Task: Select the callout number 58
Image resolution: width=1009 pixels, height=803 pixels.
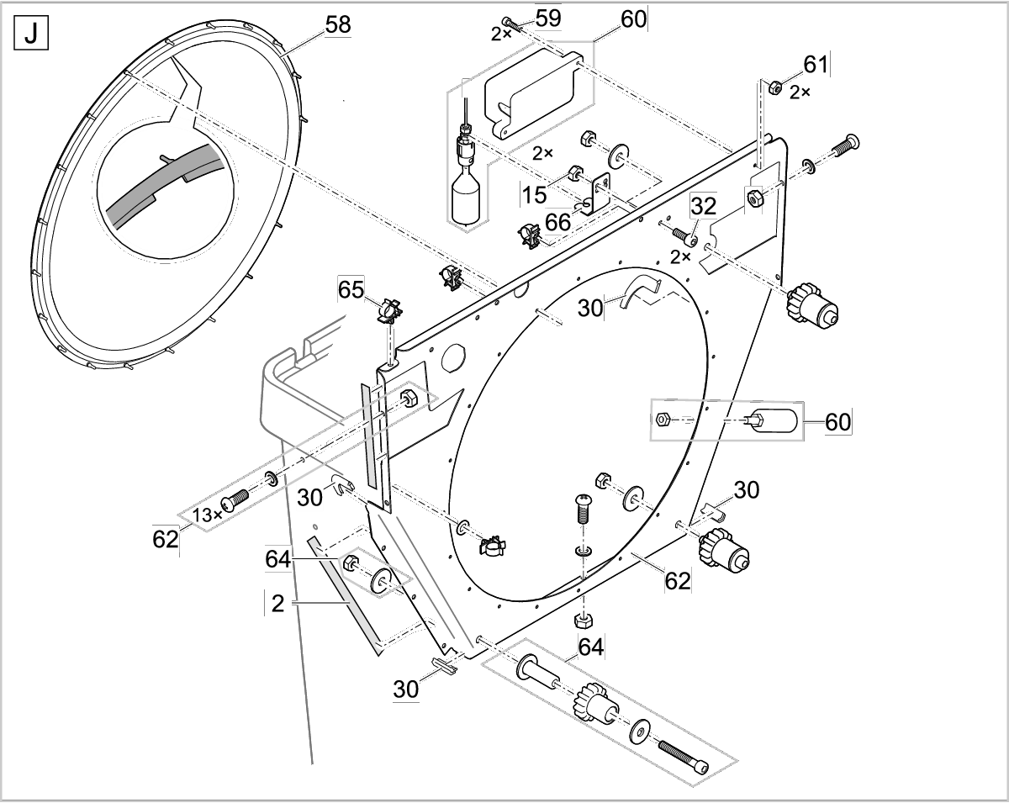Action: [338, 24]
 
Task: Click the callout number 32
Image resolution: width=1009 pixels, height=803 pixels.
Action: [703, 204]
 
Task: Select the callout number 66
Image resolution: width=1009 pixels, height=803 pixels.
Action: [557, 222]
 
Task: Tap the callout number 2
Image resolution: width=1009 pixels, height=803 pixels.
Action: [277, 602]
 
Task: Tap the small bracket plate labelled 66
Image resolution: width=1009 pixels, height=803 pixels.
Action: [600, 193]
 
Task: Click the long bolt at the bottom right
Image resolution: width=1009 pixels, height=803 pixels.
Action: [683, 756]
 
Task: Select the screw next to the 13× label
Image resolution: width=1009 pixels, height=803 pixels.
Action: [235, 501]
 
